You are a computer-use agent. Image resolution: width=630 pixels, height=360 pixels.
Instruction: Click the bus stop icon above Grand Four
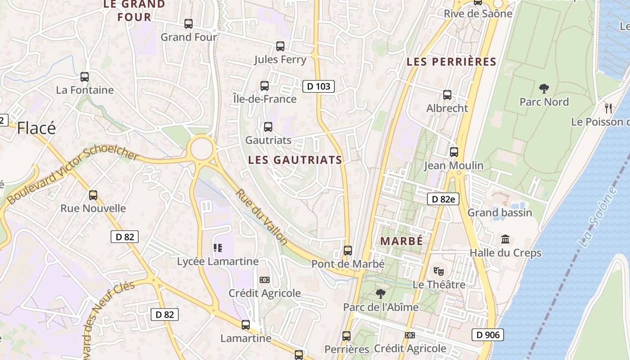point(189,24)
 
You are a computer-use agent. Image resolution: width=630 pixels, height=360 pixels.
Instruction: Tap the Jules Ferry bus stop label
point(280,59)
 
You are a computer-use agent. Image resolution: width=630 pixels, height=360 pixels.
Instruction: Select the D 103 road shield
point(319,86)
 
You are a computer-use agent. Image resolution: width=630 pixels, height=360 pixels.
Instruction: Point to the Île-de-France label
point(265,99)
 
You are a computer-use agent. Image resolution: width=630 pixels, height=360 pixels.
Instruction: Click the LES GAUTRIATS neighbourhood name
point(295,160)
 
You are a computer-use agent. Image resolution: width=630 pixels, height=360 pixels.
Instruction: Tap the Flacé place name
point(36,128)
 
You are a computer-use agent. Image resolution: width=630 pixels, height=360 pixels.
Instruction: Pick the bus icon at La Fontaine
point(85,77)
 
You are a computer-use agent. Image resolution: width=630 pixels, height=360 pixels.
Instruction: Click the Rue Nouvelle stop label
point(93,208)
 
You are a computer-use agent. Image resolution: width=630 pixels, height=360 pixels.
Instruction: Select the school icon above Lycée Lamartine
point(218,247)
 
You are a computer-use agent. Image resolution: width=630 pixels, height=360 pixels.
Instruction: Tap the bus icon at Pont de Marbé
point(347,251)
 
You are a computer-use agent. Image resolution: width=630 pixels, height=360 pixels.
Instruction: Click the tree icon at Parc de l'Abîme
point(381,294)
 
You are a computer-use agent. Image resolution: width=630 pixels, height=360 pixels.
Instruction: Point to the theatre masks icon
point(439,271)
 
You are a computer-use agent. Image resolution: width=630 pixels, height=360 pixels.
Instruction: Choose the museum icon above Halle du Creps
point(505,239)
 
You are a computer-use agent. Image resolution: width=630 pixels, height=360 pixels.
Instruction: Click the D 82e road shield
point(443,199)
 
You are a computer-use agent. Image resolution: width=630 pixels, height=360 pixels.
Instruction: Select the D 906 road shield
point(488,335)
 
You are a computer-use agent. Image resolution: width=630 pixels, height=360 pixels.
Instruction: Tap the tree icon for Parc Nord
point(544,88)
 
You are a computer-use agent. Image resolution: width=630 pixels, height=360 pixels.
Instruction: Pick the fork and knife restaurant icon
point(608,108)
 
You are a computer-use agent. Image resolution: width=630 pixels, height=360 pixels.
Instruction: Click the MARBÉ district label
point(402,241)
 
